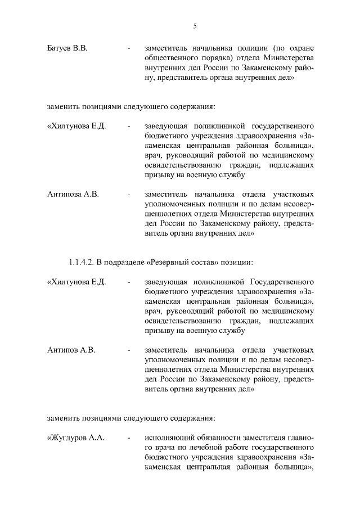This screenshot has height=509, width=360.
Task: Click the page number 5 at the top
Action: tap(194, 25)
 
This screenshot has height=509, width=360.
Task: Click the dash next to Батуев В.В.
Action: tap(129, 49)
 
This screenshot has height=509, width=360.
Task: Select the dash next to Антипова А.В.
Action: tap(129, 195)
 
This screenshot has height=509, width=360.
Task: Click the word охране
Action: tap(301, 49)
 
